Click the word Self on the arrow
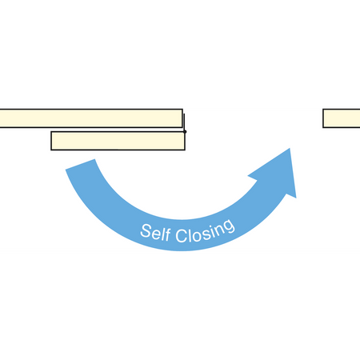tap(155, 233)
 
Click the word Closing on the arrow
tap(205, 231)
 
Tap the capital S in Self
tap(146, 231)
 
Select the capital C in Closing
tap(182, 236)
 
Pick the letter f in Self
tap(167, 234)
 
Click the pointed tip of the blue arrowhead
tap(290, 149)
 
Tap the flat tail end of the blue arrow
tap(80, 164)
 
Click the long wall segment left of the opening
tap(91, 118)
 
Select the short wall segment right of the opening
tap(342, 118)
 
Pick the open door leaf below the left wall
tap(118, 141)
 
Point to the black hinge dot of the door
tap(185, 131)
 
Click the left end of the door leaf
tap(51, 141)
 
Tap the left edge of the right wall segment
tap(323, 118)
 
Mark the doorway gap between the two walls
tap(253, 118)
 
